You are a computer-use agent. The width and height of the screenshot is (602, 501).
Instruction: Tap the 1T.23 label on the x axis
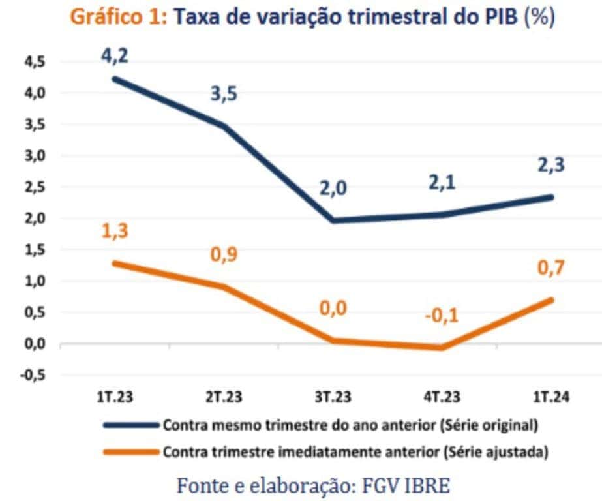[x=117, y=397]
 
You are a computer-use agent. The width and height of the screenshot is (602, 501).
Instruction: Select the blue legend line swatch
[x=130, y=425]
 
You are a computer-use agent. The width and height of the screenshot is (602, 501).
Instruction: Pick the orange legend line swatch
[x=130, y=451]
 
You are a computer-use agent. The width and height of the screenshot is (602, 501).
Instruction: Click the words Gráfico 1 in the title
[x=119, y=18]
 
